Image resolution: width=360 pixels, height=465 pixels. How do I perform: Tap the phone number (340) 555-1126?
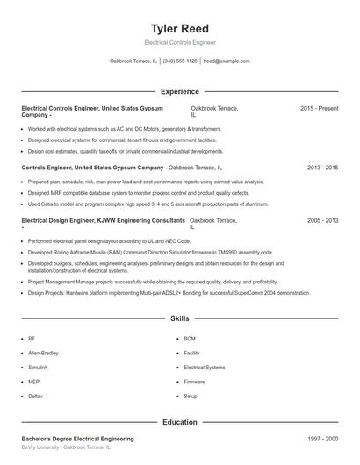(x=180, y=61)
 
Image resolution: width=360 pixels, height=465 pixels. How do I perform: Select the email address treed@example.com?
(x=227, y=61)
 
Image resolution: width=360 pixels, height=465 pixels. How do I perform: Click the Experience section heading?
(x=179, y=91)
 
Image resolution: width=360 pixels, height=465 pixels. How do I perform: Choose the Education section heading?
(x=179, y=422)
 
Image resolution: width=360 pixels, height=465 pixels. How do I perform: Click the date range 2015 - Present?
(x=319, y=108)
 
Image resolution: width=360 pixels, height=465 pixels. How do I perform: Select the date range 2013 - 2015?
(x=322, y=167)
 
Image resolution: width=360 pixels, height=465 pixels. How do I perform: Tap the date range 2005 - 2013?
(x=322, y=221)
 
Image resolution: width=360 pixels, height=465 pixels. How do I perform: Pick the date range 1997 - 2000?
(x=322, y=438)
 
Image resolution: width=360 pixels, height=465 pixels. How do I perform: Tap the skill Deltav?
(x=36, y=397)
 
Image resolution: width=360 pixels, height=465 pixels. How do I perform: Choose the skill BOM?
(x=190, y=339)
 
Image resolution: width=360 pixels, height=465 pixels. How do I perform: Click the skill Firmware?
(x=194, y=382)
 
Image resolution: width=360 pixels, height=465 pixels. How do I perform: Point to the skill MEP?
(x=33, y=382)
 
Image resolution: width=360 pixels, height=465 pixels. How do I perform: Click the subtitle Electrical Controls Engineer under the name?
(x=179, y=42)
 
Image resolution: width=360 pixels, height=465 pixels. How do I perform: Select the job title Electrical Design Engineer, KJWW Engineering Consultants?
(x=103, y=221)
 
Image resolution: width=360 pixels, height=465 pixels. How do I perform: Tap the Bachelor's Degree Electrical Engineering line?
(x=77, y=438)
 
